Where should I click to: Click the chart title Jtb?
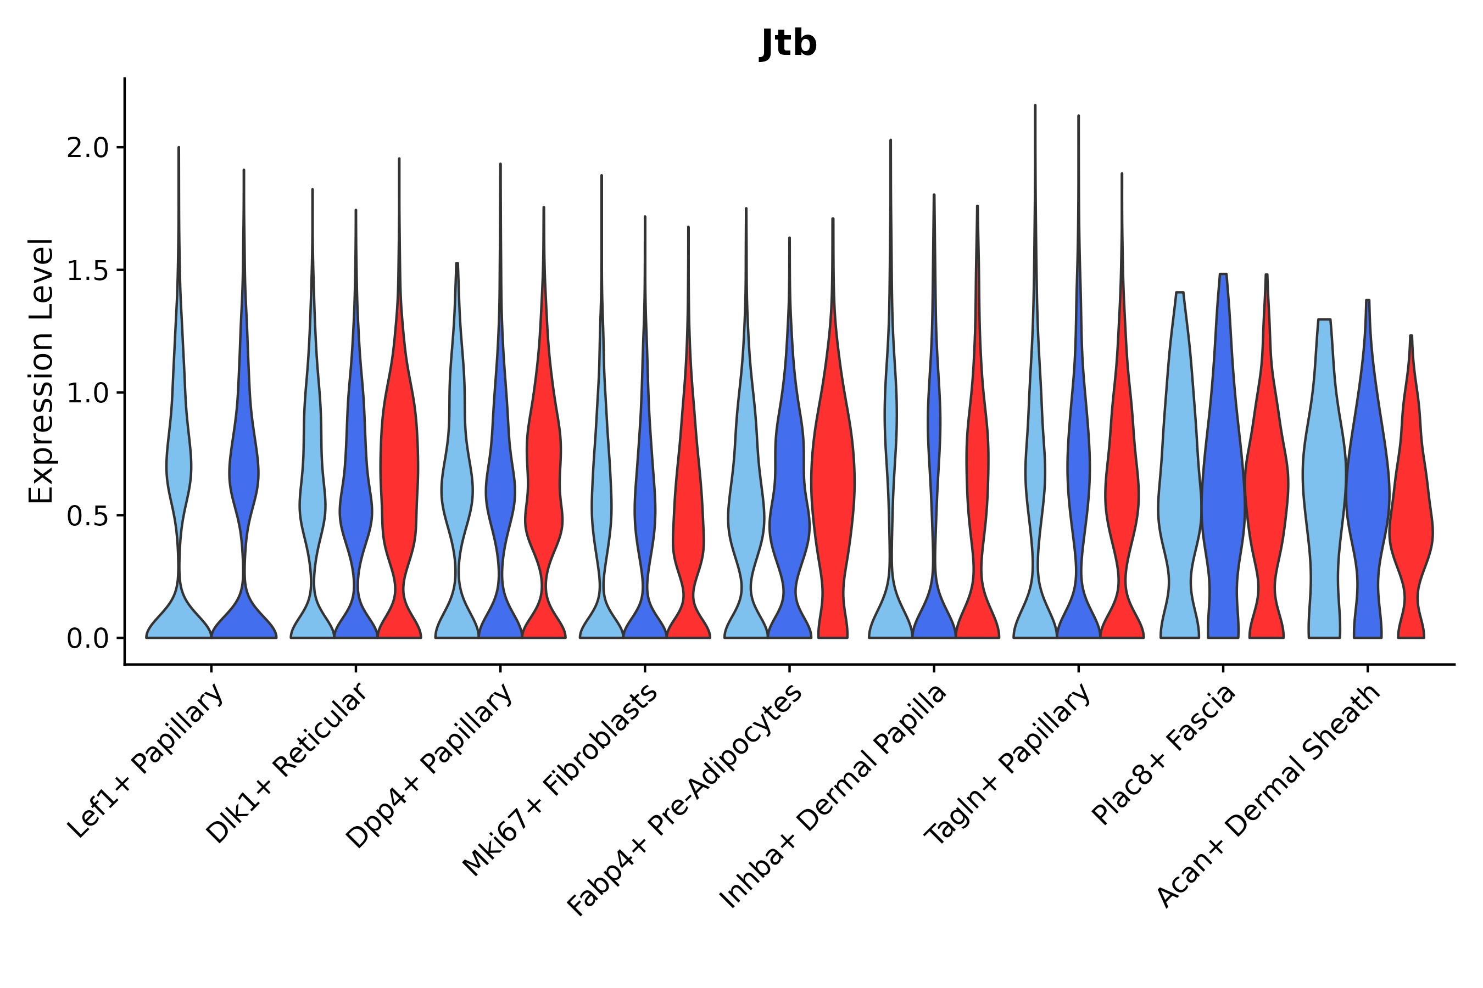click(788, 43)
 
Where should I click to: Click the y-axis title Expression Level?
click(41, 371)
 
